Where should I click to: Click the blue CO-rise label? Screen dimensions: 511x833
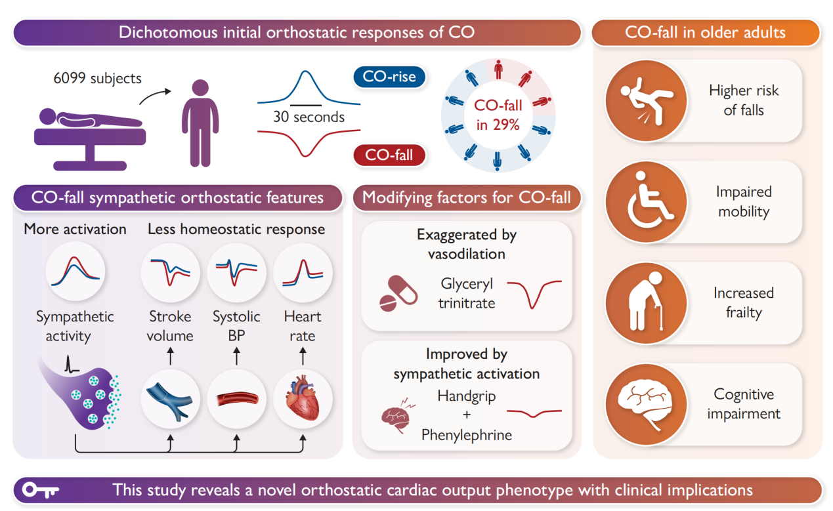click(x=389, y=77)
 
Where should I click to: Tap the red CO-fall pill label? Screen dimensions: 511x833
click(x=389, y=155)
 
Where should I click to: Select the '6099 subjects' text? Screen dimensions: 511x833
click(x=97, y=78)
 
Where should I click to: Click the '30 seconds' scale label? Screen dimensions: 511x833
click(x=309, y=117)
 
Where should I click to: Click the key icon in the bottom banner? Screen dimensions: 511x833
click(x=41, y=490)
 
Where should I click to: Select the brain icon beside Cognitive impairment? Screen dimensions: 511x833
click(x=646, y=404)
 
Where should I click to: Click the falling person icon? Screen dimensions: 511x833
click(x=646, y=101)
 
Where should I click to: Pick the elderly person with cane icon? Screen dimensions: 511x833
click(x=646, y=303)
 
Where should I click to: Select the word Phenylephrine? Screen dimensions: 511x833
click(x=466, y=435)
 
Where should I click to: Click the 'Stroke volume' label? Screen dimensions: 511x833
click(x=170, y=326)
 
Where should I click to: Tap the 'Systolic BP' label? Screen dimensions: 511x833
click(x=236, y=326)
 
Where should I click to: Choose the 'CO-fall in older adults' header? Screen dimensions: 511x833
click(x=705, y=32)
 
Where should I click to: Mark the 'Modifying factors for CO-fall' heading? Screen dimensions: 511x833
click(x=467, y=197)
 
